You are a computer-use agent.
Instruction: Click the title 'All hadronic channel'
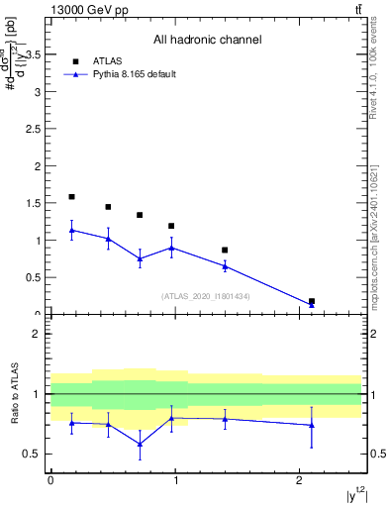tap(207, 40)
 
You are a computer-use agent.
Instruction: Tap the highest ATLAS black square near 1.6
tap(71, 197)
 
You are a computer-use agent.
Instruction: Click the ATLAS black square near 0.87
tap(225, 251)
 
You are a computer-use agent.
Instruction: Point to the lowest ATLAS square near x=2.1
tap(312, 301)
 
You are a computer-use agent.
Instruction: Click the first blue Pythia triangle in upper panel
tap(71, 231)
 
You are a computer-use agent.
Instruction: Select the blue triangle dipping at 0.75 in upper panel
tap(141, 258)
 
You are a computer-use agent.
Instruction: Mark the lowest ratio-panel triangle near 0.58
tap(141, 444)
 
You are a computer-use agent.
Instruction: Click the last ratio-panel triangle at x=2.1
tap(312, 425)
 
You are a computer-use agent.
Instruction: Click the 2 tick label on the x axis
tap(299, 480)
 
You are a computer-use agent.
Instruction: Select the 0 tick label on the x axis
tap(50, 480)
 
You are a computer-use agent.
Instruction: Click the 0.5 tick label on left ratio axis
tap(33, 455)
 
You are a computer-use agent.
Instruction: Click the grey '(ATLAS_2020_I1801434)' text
tap(205, 296)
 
